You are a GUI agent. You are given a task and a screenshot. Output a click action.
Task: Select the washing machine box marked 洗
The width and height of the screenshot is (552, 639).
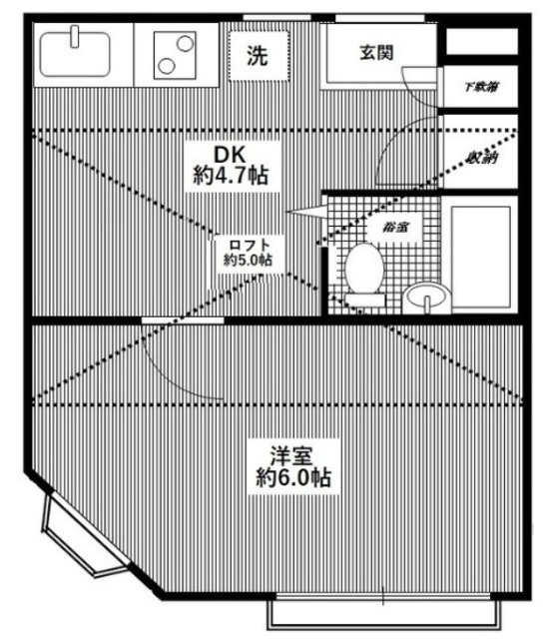[257, 55]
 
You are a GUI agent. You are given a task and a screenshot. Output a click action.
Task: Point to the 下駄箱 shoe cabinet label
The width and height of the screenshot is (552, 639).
[481, 87]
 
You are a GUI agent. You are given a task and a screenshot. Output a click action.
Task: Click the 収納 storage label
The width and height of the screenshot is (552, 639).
[481, 157]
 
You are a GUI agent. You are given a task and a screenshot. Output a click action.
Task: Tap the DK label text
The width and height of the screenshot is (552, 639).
[230, 154]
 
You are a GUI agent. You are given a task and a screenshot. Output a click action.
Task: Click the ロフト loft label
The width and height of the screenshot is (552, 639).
[250, 246]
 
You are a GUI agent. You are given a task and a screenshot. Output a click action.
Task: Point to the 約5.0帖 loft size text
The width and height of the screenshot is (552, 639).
[249, 262]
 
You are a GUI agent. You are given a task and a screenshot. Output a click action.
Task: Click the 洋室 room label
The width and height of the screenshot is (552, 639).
[291, 455]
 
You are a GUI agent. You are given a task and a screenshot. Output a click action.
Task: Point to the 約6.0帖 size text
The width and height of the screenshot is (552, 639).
[291, 477]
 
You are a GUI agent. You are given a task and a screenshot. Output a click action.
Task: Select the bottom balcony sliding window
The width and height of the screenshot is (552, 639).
[384, 610]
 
